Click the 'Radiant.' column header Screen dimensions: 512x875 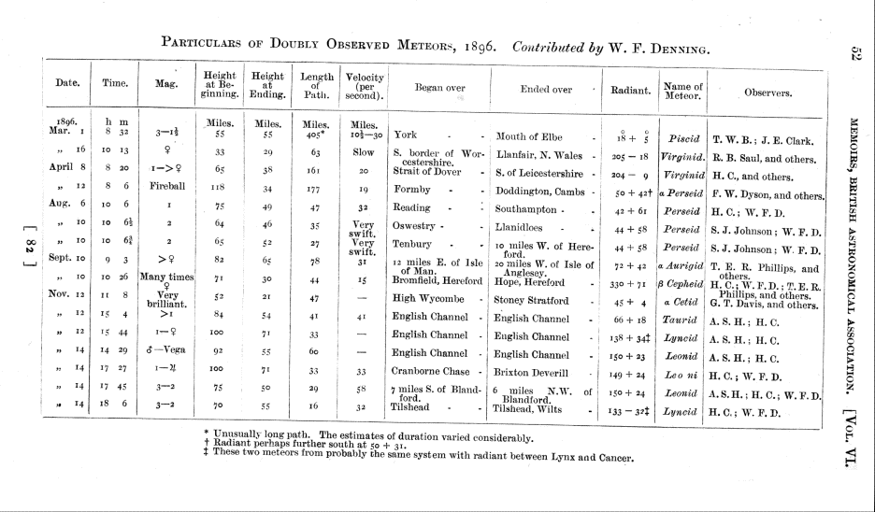point(630,91)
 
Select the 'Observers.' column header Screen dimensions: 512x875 point(768,92)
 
